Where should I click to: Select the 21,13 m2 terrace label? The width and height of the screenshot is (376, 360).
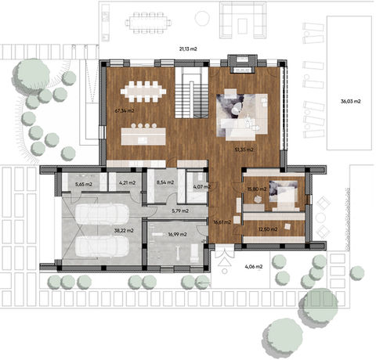coord(188,49)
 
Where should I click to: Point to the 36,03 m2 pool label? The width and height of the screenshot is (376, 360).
coord(351,102)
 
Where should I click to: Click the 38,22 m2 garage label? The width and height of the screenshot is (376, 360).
coord(124,230)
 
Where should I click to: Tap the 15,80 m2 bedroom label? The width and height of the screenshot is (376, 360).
coord(257,189)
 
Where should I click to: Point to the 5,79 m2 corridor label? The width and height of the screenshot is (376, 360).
coord(181,210)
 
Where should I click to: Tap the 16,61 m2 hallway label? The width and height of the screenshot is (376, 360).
coord(222,221)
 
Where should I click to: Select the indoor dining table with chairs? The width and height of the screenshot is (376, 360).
coord(144,91)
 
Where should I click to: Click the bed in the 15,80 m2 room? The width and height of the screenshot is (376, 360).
coord(282,194)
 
